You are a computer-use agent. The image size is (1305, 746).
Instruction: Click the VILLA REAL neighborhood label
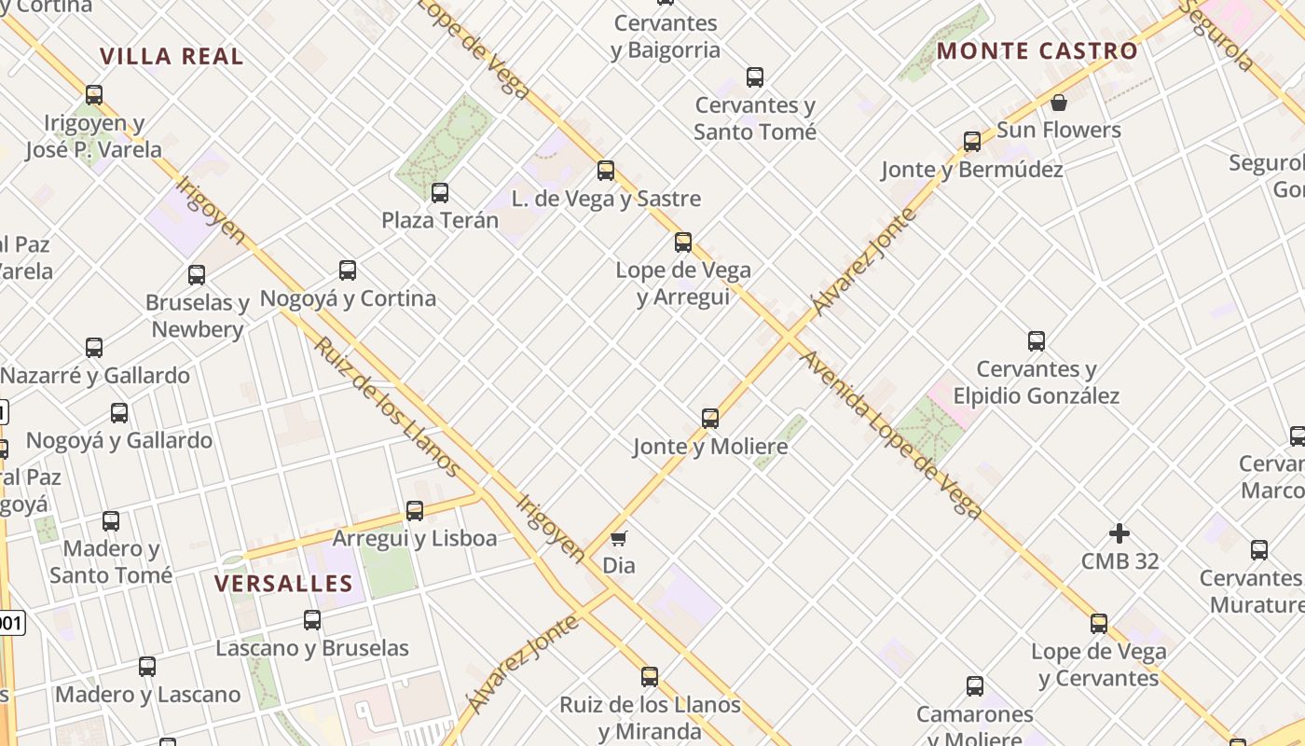[172, 56]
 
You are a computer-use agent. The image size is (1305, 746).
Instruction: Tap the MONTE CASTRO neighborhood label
[1037, 50]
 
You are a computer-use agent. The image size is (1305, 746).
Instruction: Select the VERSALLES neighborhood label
[283, 584]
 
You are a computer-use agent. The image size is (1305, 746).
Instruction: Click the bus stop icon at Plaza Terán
[440, 193]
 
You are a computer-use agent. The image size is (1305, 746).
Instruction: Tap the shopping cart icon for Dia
[618, 538]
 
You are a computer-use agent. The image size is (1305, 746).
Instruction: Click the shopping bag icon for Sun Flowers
[1058, 103]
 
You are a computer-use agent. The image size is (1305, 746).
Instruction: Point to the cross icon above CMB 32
[1120, 533]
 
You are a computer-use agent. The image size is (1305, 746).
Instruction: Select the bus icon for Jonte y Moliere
[710, 419]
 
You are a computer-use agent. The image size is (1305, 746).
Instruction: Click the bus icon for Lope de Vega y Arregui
[683, 242]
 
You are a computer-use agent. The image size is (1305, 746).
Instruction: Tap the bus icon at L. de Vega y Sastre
[606, 171]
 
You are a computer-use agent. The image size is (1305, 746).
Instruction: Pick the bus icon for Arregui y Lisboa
[415, 511]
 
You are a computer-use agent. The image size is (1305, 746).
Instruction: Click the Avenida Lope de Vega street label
[890, 435]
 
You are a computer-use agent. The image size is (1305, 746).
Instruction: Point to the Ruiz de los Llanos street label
[385, 406]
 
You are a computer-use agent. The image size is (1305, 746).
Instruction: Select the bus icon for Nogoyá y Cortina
[348, 270]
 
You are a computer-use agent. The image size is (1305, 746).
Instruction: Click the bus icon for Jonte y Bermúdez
[972, 142]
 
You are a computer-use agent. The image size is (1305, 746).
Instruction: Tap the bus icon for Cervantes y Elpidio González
[1036, 341]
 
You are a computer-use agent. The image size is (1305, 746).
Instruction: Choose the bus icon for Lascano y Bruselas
[312, 620]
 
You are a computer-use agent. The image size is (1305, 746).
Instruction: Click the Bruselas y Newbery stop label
[198, 316]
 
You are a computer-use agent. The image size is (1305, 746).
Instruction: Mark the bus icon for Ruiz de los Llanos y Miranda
[650, 677]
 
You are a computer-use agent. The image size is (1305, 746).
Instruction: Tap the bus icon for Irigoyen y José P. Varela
[94, 95]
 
